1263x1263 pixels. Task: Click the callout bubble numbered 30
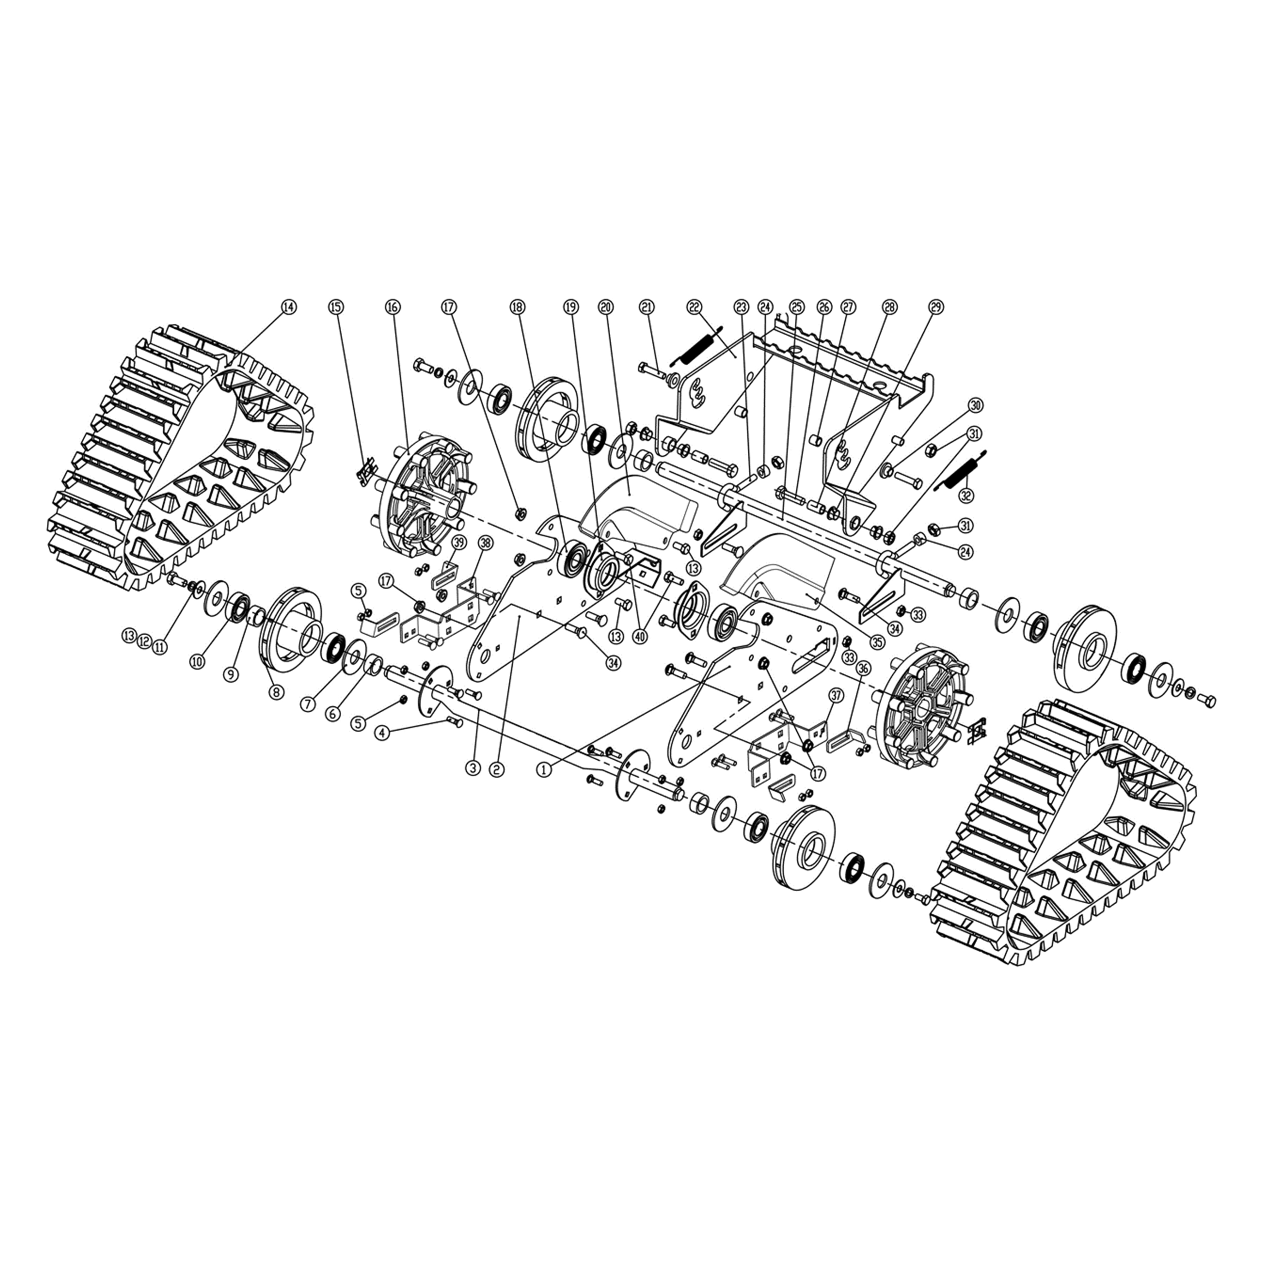[x=975, y=405]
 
